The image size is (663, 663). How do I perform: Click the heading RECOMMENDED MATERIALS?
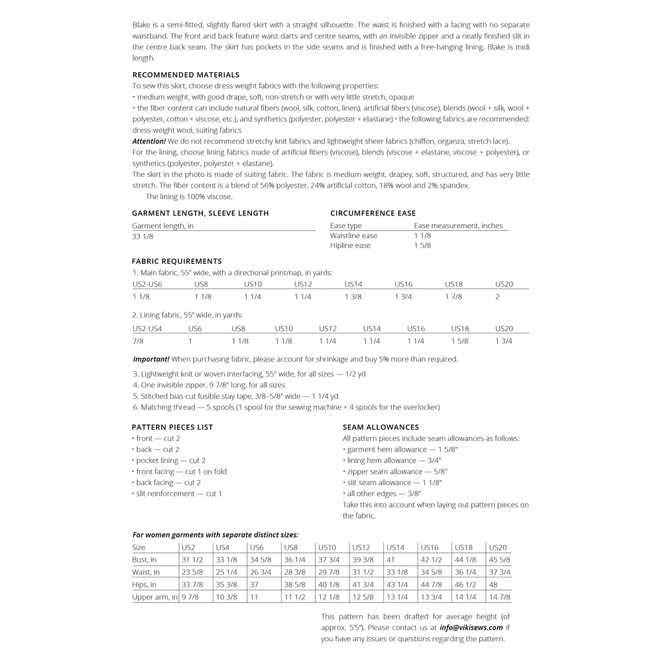click(x=186, y=75)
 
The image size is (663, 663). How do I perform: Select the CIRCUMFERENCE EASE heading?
click(x=373, y=213)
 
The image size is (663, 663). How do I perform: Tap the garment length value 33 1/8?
click(x=143, y=236)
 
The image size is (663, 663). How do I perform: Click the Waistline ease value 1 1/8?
click(x=422, y=235)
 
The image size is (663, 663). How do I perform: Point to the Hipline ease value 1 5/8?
click(x=422, y=245)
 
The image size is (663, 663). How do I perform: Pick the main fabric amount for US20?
click(x=499, y=296)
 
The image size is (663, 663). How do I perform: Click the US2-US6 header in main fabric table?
click(x=147, y=284)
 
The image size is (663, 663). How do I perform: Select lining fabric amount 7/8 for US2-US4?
click(x=138, y=341)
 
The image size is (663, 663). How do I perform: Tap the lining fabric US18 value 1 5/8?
click(x=459, y=341)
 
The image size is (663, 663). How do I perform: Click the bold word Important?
click(x=151, y=359)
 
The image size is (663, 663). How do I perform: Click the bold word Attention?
click(x=149, y=141)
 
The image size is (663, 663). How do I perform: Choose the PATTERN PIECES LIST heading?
click(x=172, y=427)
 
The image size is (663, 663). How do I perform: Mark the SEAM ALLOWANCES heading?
click(x=381, y=427)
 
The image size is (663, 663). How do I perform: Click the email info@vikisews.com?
click(x=471, y=627)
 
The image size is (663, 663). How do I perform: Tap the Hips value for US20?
click(x=493, y=585)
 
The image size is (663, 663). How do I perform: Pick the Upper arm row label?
click(x=155, y=597)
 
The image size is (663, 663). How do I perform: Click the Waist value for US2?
click(x=192, y=572)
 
